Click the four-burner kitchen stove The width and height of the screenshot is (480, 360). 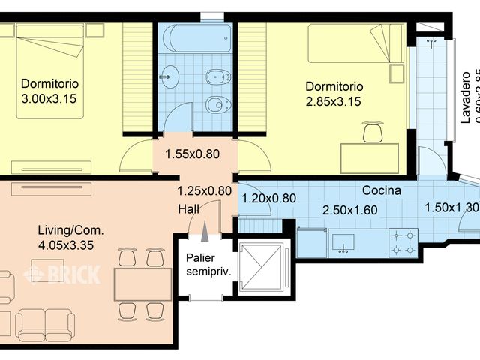coord(403,241)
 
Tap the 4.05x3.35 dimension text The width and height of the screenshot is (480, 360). coord(70,244)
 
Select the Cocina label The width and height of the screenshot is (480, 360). coord(382,190)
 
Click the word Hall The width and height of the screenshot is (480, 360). coord(189,208)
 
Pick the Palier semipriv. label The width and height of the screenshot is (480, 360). coord(207,264)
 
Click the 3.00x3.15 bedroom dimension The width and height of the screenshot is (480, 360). coord(51,98)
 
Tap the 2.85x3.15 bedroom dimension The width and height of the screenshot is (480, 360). coord(334,101)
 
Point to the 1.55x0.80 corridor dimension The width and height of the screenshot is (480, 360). coord(193,155)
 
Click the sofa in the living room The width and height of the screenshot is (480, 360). coord(45,323)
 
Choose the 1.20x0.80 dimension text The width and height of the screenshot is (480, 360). coord(268,199)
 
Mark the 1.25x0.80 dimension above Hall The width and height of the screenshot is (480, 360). coord(204,190)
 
